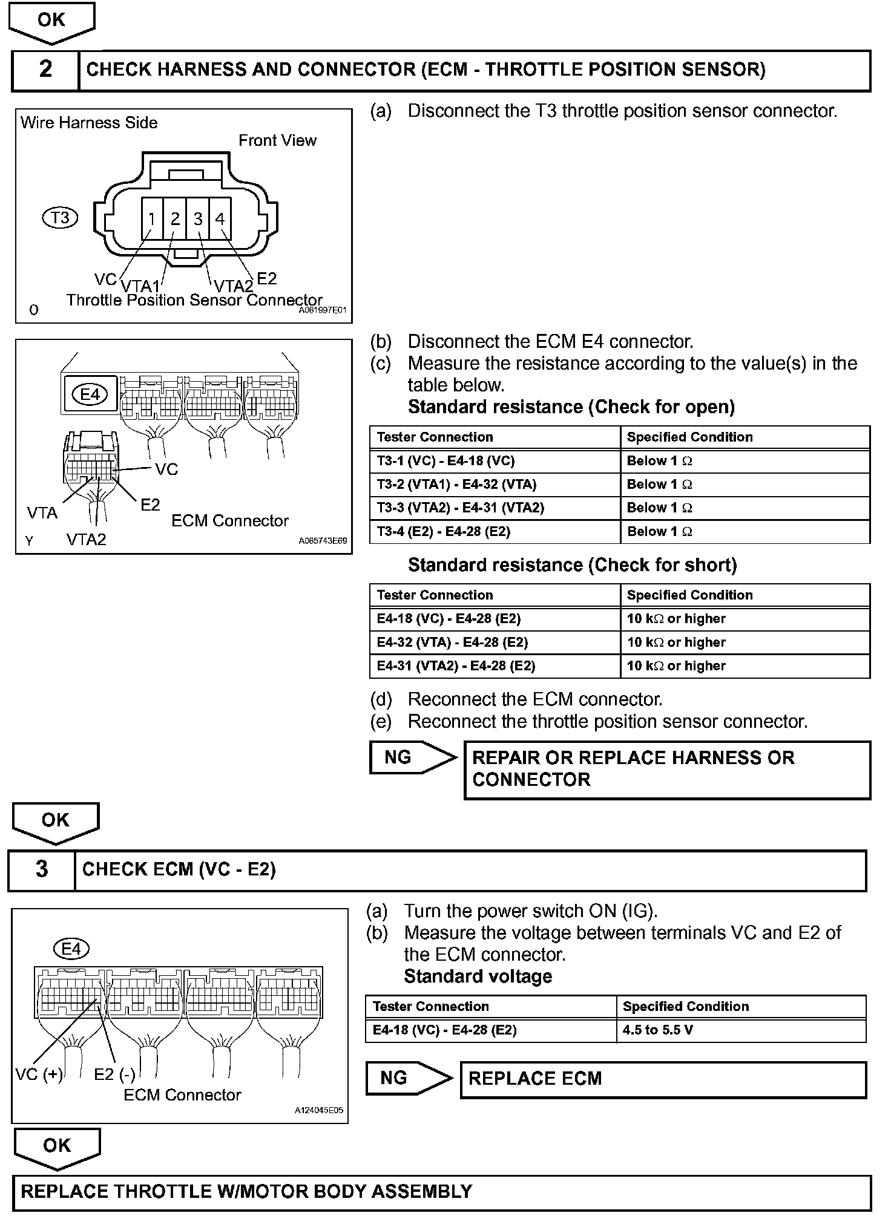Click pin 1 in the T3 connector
pyautogui.click(x=152, y=218)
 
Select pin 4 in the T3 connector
pyautogui.click(x=220, y=218)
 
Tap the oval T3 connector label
pyautogui.click(x=61, y=218)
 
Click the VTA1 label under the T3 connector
pyautogui.click(x=140, y=286)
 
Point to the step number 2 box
pyautogui.click(x=45, y=70)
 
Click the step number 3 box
pyautogui.click(x=42, y=869)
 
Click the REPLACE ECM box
pyautogui.click(x=663, y=1079)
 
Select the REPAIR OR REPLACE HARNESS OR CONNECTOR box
pyautogui.click(x=666, y=769)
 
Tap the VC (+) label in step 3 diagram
pyautogui.click(x=39, y=1074)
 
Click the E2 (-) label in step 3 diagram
pyautogui.click(x=115, y=1074)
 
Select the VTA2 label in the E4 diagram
pyautogui.click(x=87, y=539)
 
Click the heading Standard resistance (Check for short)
pyautogui.click(x=572, y=565)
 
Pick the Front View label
pyautogui.click(x=277, y=140)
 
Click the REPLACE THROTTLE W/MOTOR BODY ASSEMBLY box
pyautogui.click(x=441, y=1191)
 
